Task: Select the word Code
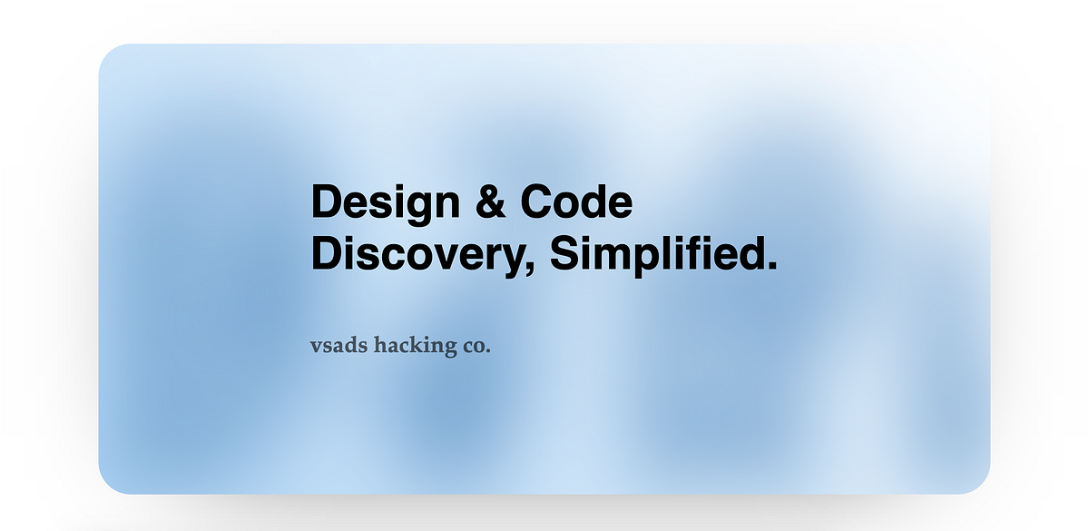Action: (x=576, y=202)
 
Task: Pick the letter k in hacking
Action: (x=419, y=345)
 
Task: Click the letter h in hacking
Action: (x=381, y=345)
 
